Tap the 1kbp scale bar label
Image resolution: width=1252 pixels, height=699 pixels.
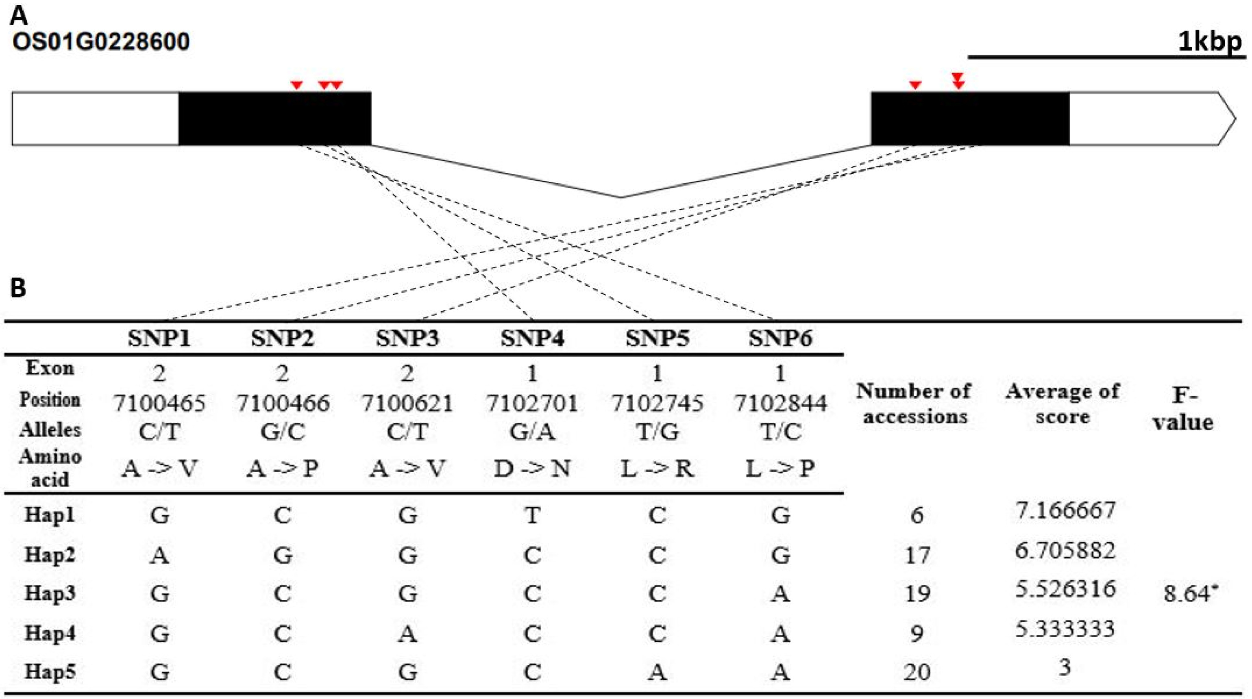tap(1210, 42)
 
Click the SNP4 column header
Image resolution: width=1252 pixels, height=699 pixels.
tap(533, 339)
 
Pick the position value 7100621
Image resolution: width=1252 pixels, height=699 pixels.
tap(407, 403)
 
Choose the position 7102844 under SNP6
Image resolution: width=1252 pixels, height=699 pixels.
tap(781, 403)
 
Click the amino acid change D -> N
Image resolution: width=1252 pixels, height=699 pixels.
tap(532, 468)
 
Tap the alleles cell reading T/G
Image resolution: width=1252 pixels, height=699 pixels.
tap(657, 431)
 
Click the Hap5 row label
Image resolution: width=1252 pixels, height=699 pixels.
tap(50, 672)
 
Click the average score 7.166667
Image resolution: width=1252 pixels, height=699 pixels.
tap(1065, 510)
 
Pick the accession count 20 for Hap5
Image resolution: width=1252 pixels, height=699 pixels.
tap(917, 672)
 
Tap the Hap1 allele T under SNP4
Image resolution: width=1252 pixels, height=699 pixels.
tap(532, 515)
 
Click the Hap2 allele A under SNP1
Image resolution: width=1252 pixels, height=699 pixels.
tap(160, 554)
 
